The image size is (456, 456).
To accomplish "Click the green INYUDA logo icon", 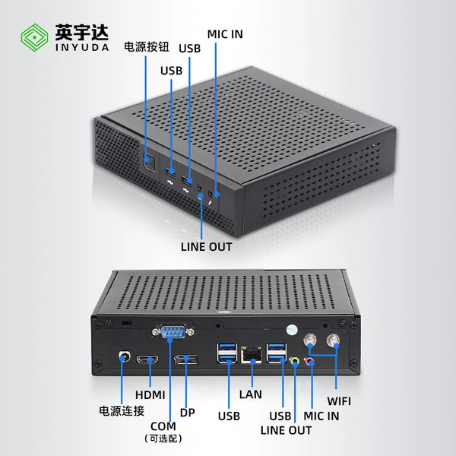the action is [34, 37].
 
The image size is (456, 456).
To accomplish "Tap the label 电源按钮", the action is [146, 47].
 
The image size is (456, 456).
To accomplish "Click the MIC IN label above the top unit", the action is [225, 34].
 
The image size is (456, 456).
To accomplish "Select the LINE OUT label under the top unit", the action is [206, 247].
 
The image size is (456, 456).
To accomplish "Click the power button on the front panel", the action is [150, 161].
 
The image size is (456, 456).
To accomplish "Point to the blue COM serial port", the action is [173, 331].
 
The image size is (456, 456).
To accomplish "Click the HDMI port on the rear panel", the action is [147, 359].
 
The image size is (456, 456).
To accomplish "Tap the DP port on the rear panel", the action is [185, 359].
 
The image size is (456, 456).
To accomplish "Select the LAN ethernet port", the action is [251, 354].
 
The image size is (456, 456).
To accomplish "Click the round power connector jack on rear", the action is [125, 356].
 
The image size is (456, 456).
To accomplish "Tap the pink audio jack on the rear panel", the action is [310, 362].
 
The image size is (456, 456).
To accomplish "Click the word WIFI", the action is [339, 401].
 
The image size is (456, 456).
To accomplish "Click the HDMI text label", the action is [150, 395].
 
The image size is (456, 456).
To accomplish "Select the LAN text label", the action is [250, 394].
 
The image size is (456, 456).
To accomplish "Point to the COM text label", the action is [163, 426].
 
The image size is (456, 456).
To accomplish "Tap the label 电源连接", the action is [122, 411].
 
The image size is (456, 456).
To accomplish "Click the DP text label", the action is [187, 413].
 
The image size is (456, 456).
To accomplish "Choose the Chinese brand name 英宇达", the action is [82, 32].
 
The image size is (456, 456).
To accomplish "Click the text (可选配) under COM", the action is [163, 439].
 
